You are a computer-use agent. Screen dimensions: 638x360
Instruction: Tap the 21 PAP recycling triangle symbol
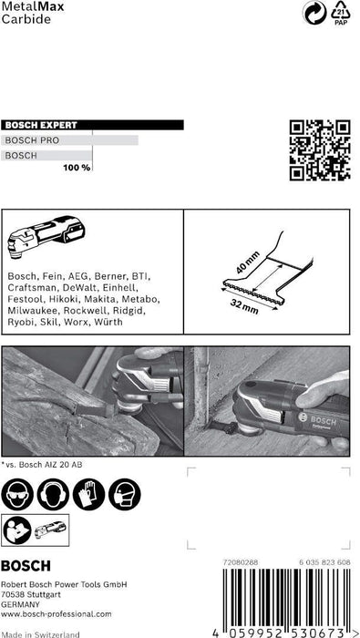[x=340, y=16]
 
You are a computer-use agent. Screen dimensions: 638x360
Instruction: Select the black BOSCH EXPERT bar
[x=91, y=125]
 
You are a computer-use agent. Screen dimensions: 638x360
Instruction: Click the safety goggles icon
[x=18, y=494]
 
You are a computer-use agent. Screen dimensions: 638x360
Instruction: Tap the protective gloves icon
[x=87, y=494]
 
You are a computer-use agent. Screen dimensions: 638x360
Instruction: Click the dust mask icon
[x=122, y=494]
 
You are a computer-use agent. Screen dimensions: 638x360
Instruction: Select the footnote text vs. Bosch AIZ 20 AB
[x=46, y=464]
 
